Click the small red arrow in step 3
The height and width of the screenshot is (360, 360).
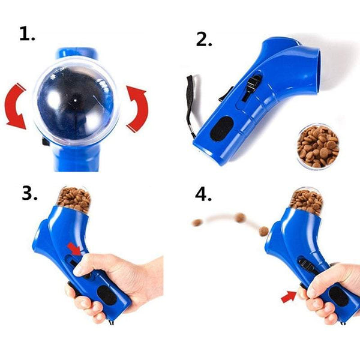[x=74, y=247]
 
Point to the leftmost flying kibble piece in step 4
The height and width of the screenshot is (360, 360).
[x=197, y=223]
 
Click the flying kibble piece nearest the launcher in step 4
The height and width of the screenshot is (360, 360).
[x=263, y=230]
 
